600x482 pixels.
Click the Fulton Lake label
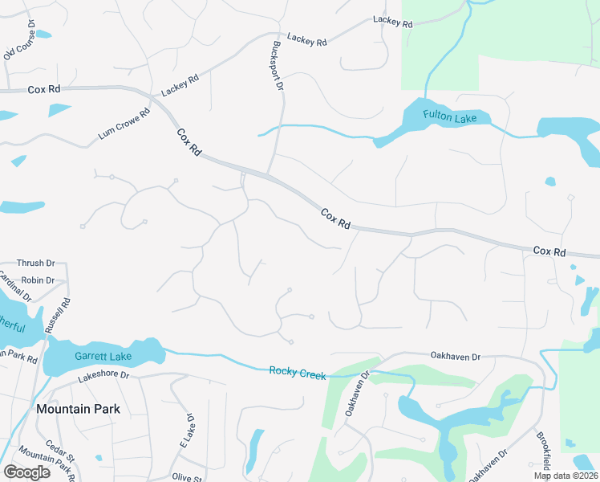pos(450,118)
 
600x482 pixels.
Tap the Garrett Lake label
pos(103,356)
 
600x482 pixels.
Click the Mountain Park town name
pos(79,409)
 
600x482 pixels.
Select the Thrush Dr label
pos(35,263)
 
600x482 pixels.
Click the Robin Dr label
pos(39,280)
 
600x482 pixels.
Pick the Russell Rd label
pos(58,317)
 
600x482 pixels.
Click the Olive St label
pos(187,477)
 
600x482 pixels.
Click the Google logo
pos(26,472)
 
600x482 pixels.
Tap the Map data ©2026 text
pos(565,476)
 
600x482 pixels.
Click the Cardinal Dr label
pos(14,286)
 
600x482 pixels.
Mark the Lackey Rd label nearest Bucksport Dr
pos(307,39)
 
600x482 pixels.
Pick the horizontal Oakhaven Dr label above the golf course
pos(455,356)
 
